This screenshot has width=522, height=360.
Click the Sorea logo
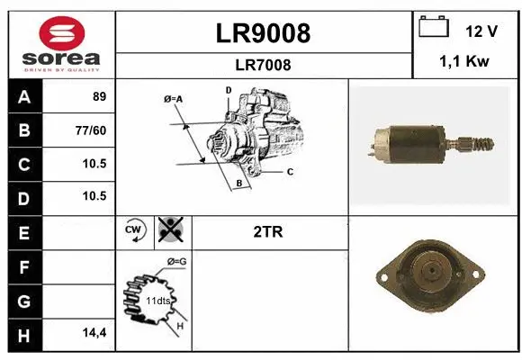[x=61, y=45]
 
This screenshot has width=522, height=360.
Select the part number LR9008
[x=263, y=33]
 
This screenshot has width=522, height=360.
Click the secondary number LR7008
[x=263, y=65]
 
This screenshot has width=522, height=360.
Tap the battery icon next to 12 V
[x=434, y=28]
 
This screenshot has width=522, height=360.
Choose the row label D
[x=23, y=196]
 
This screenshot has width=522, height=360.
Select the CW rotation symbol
[x=133, y=230]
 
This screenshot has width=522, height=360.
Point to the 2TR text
[x=269, y=231]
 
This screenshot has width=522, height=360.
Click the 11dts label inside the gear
[x=159, y=299]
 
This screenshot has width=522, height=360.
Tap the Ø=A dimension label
[x=173, y=98]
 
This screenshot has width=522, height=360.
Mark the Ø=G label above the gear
[x=176, y=261]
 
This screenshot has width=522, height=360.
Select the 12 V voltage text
[x=481, y=31]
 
